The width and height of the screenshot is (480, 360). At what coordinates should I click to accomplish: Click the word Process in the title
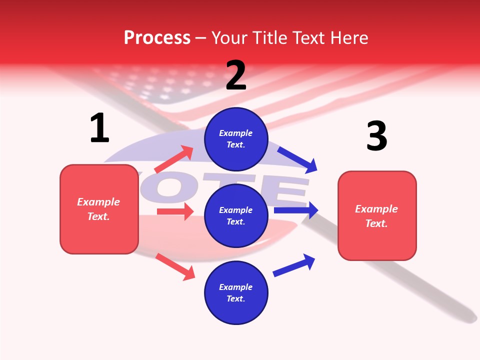157,38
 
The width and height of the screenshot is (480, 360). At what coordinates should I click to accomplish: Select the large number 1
99,128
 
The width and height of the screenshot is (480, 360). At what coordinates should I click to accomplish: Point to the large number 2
236,76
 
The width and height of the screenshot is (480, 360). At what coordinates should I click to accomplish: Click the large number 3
376,136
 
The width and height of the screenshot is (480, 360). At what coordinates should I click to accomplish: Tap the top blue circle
236,139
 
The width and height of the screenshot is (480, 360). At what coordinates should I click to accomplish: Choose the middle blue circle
236,215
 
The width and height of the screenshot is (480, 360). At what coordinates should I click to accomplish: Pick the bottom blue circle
236,292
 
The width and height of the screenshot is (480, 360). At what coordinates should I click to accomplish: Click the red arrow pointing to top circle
174,159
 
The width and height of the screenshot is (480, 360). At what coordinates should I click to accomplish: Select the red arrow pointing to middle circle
175,211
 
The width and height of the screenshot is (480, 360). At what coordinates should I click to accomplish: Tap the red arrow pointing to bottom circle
175,267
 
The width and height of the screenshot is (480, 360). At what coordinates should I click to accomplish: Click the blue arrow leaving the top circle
297,160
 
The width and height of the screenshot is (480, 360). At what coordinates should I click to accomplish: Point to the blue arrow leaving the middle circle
296,210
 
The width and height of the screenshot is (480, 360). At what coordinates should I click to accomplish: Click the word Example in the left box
98,202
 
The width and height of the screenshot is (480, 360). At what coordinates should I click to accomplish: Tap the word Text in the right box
376,223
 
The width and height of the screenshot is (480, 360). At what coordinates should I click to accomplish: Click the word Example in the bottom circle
236,287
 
